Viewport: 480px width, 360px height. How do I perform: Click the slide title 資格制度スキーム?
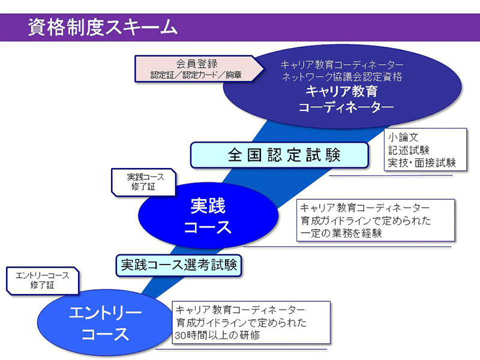103,27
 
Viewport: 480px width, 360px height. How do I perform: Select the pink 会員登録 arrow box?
199,69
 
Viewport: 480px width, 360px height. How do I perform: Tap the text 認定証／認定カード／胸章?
196,74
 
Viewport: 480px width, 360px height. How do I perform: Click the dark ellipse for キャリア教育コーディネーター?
342,87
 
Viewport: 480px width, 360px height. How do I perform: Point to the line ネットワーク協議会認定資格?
342,77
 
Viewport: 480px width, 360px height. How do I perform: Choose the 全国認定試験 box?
279,155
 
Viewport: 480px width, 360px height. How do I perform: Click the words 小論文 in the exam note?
403,137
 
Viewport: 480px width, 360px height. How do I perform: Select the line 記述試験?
409,150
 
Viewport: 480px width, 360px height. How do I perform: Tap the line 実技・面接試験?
422,163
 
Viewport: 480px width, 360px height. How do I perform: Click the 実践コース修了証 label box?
143,182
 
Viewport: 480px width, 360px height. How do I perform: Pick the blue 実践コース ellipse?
208,215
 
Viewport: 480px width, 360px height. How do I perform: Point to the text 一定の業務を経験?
341,233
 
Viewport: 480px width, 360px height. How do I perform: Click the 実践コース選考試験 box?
179,265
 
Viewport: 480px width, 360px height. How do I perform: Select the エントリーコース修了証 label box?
43,281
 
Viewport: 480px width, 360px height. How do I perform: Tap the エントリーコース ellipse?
104,323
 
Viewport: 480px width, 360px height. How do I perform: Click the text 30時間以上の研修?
217,335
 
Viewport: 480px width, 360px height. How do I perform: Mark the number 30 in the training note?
181,335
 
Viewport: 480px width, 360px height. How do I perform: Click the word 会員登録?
197,64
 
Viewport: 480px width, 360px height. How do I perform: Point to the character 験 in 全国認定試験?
333,155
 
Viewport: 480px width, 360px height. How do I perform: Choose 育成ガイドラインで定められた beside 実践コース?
366,221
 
